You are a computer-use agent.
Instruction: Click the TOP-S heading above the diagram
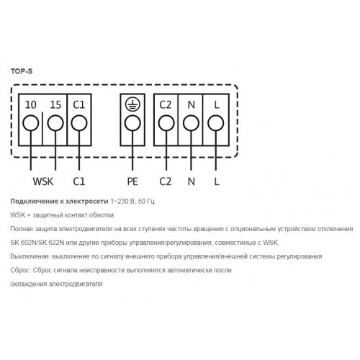coord(22,71)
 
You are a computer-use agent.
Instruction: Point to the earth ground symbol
coord(132,104)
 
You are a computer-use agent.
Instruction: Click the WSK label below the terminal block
coord(43,181)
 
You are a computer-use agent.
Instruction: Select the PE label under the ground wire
coord(132,181)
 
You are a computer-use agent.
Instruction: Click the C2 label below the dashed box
coord(166,181)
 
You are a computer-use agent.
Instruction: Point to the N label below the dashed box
coord(192,181)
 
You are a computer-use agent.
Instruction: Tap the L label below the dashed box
coord(217,181)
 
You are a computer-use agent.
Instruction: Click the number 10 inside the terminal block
coord(31,104)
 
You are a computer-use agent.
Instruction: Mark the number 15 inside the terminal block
coord(55,104)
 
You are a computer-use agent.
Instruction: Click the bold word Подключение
coord(35,202)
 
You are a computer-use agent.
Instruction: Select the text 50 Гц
coord(146,202)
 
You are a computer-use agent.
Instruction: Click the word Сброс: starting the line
coord(21,270)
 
